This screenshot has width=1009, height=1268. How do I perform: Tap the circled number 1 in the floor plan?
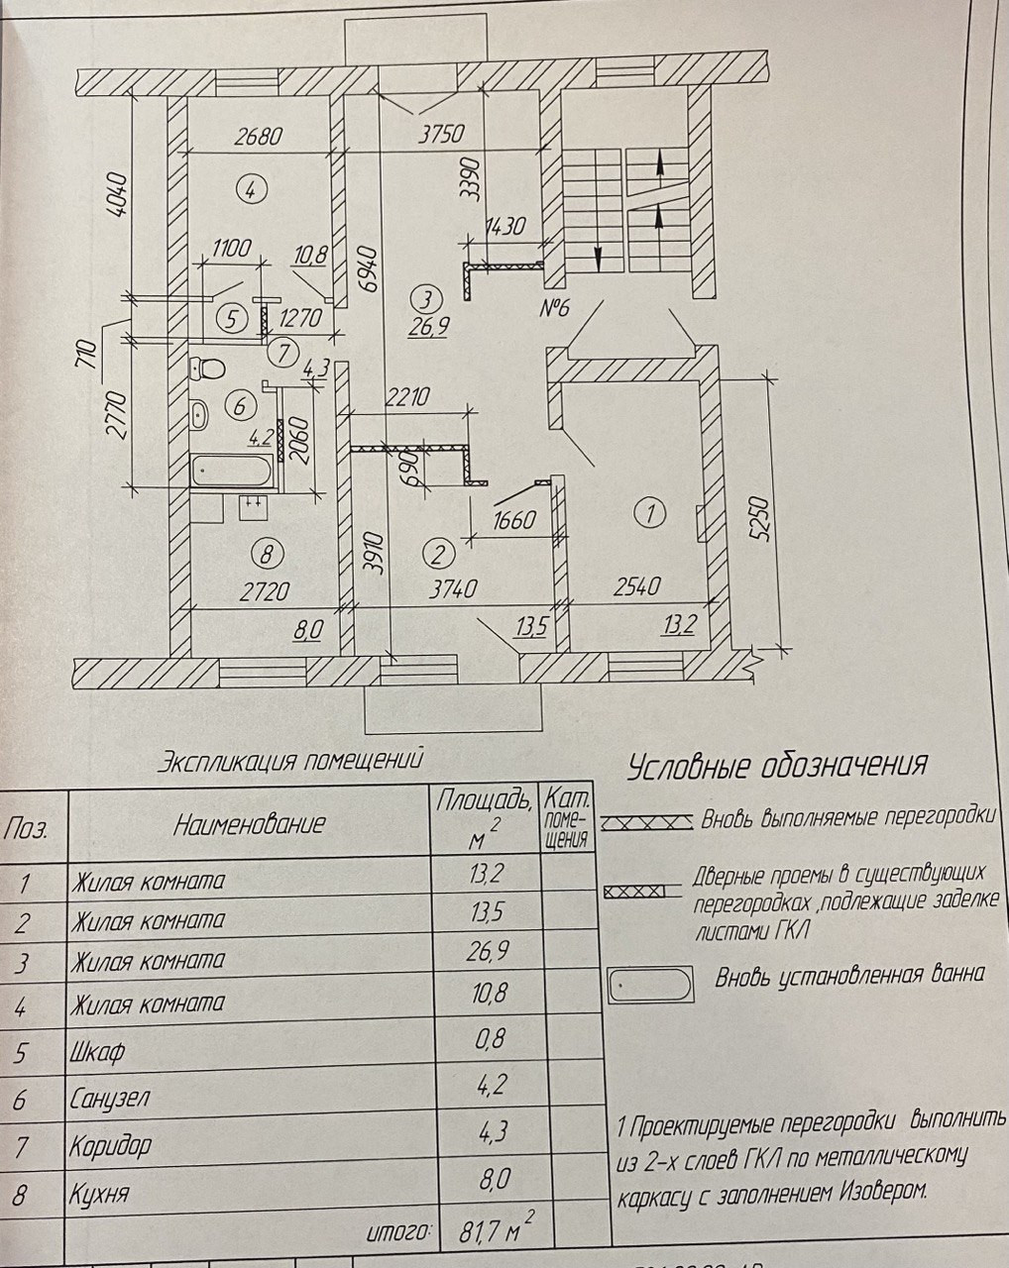[x=650, y=512]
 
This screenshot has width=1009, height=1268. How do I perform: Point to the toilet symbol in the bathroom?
[x=207, y=369]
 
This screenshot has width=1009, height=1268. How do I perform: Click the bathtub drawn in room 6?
[x=234, y=470]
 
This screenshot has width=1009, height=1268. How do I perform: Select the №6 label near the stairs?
[x=555, y=308]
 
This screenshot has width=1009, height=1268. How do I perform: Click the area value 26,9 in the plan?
[x=424, y=324]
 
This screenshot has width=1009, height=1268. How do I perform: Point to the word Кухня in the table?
[x=99, y=1194]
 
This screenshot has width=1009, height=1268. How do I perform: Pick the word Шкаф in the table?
[x=97, y=1051]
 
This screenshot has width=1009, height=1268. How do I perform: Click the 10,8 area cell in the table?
[x=485, y=993]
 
